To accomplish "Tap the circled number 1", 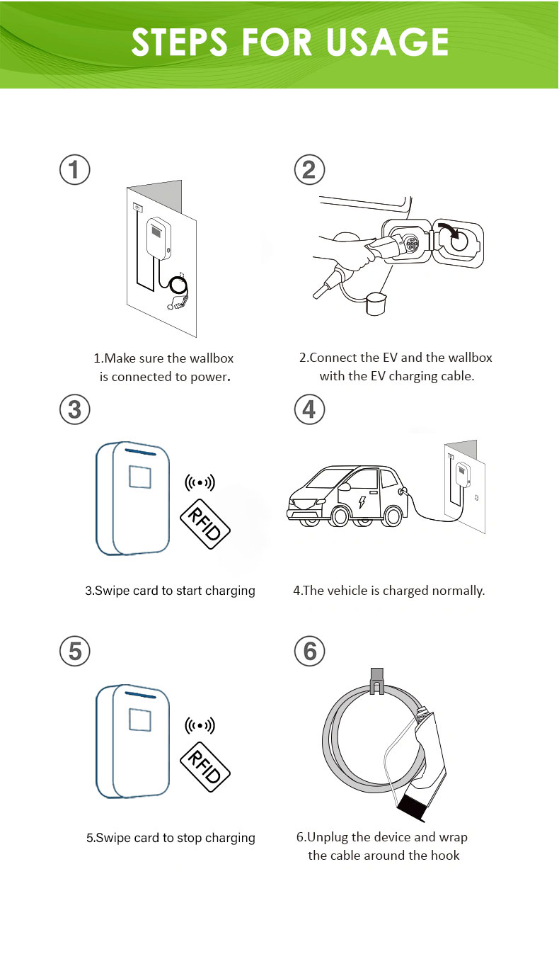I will [74, 171].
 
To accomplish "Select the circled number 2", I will [309, 171].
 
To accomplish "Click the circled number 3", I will [74, 410].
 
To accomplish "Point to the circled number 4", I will [309, 410].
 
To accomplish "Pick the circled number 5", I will [74, 650].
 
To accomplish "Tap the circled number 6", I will [309, 650].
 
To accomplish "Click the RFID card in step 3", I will [205, 523].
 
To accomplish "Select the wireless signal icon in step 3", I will [200, 483].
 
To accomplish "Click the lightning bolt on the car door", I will [363, 502].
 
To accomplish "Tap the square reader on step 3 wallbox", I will [139, 477].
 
